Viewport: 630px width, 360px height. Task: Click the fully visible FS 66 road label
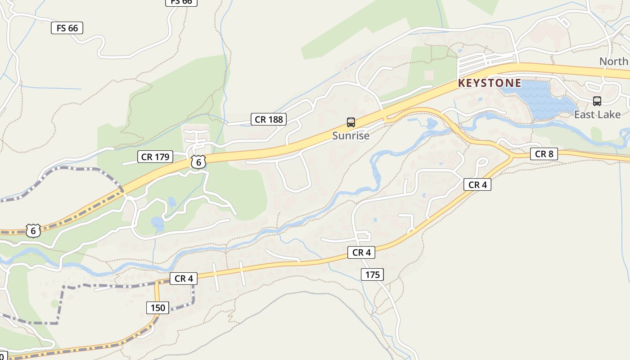(67, 28)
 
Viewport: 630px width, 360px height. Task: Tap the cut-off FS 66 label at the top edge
(181, 2)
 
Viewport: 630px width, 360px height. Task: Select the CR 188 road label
(269, 119)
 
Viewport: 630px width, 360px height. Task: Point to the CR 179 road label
(155, 157)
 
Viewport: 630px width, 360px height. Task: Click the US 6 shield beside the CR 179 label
(198, 162)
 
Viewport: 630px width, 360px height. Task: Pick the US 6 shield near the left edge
(33, 231)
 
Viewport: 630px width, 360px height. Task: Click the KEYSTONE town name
(490, 83)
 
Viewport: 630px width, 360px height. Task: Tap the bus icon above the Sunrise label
(351, 122)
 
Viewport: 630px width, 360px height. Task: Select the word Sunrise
(351, 135)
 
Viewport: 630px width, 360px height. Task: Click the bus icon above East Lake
(597, 101)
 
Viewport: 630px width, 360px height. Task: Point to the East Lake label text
(597, 115)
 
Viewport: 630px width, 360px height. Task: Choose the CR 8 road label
(544, 154)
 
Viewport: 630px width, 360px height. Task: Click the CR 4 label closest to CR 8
(477, 184)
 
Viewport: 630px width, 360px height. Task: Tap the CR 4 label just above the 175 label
(361, 252)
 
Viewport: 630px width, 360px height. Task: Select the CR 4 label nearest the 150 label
(184, 279)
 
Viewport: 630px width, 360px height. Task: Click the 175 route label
(372, 274)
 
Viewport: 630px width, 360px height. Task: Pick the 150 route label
(157, 308)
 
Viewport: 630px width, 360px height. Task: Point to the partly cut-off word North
(614, 61)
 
